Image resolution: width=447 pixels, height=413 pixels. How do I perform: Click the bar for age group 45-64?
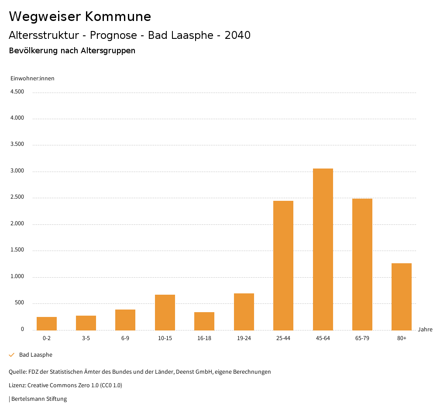323,249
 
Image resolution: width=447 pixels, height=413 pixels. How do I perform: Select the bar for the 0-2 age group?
47,324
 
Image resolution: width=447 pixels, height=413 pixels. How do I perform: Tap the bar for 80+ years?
402,297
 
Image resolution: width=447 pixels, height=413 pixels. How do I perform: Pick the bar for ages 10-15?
165,313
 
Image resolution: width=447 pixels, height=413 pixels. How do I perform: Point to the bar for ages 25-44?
283,265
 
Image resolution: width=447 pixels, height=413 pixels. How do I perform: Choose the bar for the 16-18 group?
204,321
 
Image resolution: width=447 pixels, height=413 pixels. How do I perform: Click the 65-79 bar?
362,265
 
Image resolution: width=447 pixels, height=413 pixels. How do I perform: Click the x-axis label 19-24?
244,338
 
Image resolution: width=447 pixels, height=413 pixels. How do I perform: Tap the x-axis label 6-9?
125,338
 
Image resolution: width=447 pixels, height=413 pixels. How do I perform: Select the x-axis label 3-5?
86,338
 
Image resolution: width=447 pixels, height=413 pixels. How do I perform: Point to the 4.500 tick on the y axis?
17,92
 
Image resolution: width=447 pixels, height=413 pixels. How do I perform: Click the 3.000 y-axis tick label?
17,171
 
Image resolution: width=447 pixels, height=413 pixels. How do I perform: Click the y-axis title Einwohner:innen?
32,79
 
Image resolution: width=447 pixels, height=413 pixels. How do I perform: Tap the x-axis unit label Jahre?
425,330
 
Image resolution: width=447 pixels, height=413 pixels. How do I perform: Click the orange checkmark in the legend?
12,355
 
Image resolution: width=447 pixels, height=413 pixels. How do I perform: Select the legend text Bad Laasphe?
36,355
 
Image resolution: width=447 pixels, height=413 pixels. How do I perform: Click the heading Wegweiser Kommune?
80,17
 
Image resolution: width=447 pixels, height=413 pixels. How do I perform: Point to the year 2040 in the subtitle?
237,35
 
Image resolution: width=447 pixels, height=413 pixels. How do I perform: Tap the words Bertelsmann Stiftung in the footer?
39,399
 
